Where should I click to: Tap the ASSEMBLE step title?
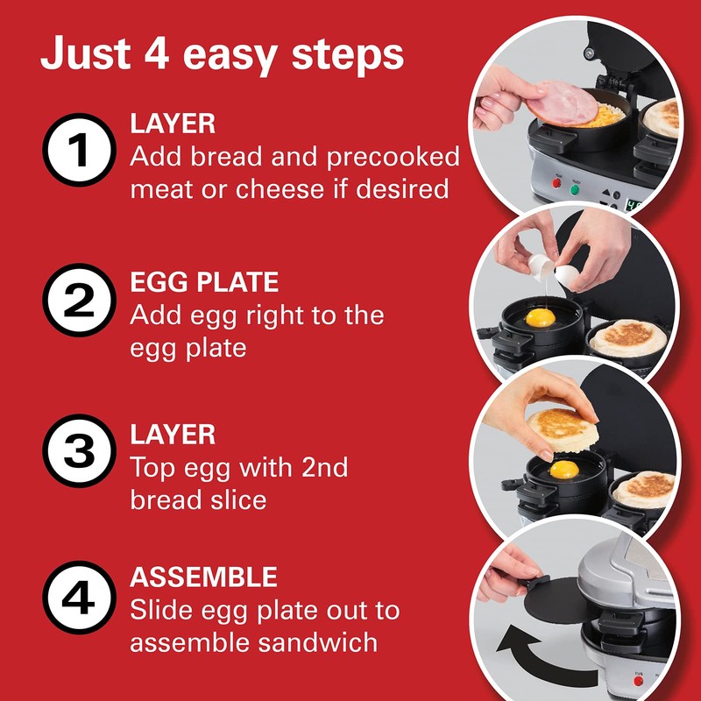[203, 577]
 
